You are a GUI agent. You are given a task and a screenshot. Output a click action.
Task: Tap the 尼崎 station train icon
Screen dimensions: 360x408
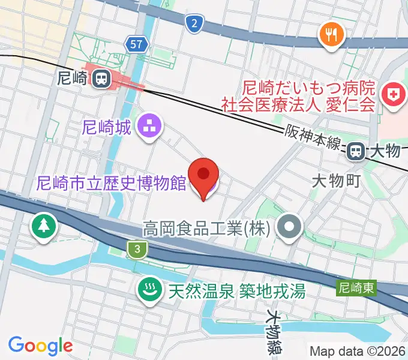pos(101,77)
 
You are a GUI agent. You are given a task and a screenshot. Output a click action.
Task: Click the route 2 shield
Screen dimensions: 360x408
pos(193,24)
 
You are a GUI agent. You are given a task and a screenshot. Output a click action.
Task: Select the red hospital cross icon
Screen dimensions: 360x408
pos(394,96)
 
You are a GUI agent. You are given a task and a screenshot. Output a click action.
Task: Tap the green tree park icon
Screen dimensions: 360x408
pos(45,227)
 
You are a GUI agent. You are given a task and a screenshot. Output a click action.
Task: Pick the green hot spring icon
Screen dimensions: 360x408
pos(148,292)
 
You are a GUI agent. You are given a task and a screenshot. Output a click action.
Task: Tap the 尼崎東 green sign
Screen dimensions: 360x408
pos(356,289)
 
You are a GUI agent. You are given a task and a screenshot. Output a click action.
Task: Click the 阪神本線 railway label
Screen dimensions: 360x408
pos(313,137)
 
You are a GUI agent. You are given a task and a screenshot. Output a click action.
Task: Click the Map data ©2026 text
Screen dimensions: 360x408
pos(358,351)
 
